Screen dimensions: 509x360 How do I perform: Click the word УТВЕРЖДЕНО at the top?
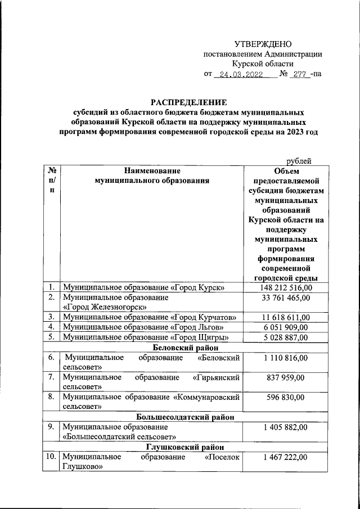click(x=263, y=44)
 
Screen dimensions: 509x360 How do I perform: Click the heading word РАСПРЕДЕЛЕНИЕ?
click(x=188, y=102)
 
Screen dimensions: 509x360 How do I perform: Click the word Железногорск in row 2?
click(x=107, y=307)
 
